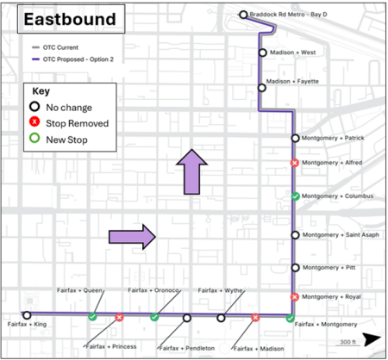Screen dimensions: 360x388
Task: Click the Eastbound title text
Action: coord(65,19)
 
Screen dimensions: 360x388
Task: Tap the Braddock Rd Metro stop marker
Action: coord(244,15)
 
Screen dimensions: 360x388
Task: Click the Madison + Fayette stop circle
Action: coord(262,87)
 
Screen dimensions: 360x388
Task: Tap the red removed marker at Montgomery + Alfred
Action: coord(295,163)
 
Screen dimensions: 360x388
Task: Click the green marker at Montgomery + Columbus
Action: coord(295,196)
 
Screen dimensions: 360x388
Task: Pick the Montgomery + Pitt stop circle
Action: coord(295,268)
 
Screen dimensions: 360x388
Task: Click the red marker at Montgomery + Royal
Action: coord(295,297)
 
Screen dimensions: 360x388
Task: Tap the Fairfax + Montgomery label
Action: coord(325,325)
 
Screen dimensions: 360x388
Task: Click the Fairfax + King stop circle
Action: coord(27,315)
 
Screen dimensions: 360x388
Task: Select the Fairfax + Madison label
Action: coord(258,347)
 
